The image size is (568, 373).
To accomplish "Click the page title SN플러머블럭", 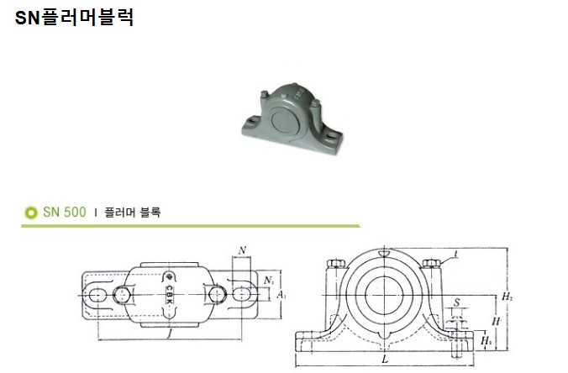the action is tap(74, 18).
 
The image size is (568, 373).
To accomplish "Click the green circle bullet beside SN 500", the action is tap(31, 213).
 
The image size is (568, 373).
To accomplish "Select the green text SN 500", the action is tap(65, 213).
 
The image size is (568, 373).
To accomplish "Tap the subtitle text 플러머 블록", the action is tap(132, 213).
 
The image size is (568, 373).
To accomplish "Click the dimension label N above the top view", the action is tap(242, 250).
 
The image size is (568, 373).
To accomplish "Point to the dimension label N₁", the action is tap(268, 281).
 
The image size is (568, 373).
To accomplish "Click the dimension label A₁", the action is tap(281, 295).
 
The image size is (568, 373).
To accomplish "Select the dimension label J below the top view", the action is tap(169, 334).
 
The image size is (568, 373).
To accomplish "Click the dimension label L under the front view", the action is tap(385, 360).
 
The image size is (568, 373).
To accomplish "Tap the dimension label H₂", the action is tap(508, 297).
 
